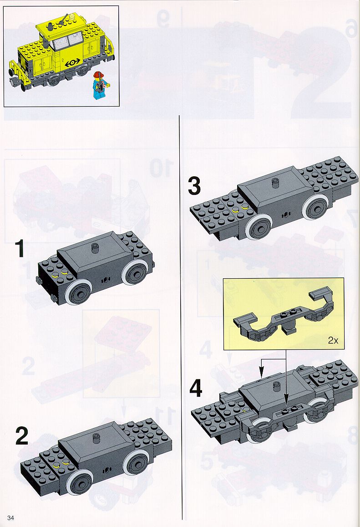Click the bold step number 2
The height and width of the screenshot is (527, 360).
pyautogui.click(x=22, y=436)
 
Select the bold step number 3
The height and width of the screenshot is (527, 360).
pyautogui.click(x=194, y=186)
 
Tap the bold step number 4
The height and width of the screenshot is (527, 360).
pyautogui.click(x=196, y=389)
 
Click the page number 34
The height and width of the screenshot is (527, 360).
pyautogui.click(x=11, y=517)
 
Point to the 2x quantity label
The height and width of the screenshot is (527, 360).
pyautogui.click(x=333, y=340)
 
